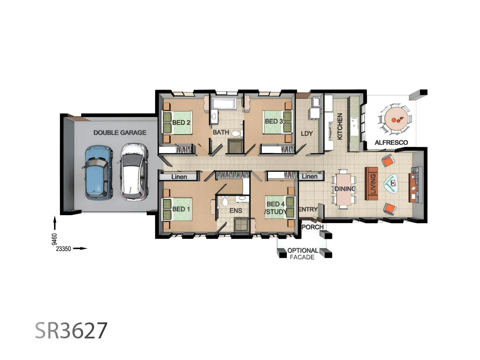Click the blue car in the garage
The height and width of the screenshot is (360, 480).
[x=97, y=172]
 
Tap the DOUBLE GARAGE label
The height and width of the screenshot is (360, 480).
[x=120, y=132]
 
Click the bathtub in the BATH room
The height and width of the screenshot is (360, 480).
[x=224, y=104]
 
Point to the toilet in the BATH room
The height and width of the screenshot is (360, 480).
[x=236, y=133]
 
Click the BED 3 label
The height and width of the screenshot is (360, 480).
[x=274, y=121]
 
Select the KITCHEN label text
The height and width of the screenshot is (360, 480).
[x=340, y=126]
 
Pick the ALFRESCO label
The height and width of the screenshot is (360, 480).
[x=391, y=142]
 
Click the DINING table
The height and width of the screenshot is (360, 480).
[x=343, y=188]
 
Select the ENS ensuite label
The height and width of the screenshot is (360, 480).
[x=233, y=210]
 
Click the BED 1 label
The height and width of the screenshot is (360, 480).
[x=178, y=209]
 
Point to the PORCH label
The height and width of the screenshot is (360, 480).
[x=312, y=227]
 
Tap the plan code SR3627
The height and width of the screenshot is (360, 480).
[x=71, y=331]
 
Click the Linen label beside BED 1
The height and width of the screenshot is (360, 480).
[x=179, y=176]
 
